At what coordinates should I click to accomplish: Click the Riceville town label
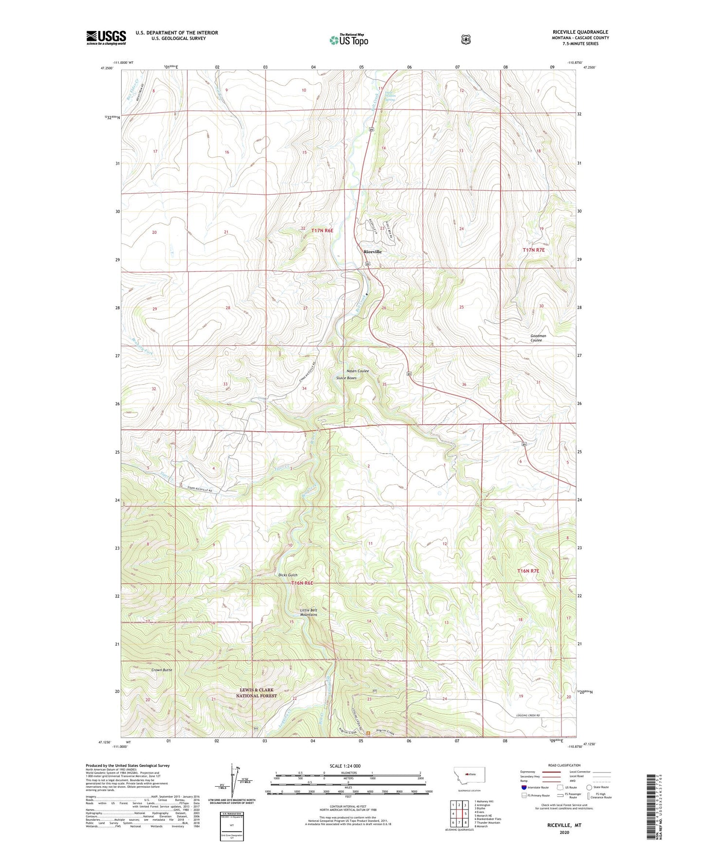pyautogui.click(x=373, y=251)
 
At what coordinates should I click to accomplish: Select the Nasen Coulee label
pyautogui.click(x=358, y=371)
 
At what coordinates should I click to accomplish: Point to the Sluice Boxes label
pyautogui.click(x=346, y=378)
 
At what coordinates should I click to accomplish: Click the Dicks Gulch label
pyautogui.click(x=288, y=575)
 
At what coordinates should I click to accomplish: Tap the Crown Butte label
pyautogui.click(x=162, y=670)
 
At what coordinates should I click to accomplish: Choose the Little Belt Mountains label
pyautogui.click(x=308, y=612)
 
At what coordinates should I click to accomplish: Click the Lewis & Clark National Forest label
pyautogui.click(x=256, y=693)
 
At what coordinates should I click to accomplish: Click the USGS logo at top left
pyautogui.click(x=106, y=37)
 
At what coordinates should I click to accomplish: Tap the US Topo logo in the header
pyautogui.click(x=348, y=40)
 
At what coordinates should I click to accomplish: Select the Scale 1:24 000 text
pyautogui.click(x=345, y=766)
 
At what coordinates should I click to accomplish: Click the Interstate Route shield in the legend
pyautogui.click(x=523, y=787)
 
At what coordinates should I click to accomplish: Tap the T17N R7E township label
pyautogui.click(x=534, y=250)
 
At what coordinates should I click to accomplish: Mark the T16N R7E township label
pyautogui.click(x=528, y=571)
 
